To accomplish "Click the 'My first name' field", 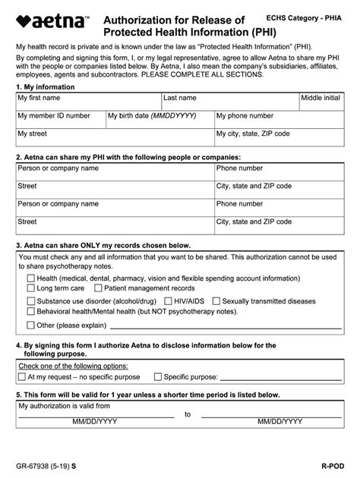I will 88,102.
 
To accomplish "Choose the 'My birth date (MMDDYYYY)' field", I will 159,121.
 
